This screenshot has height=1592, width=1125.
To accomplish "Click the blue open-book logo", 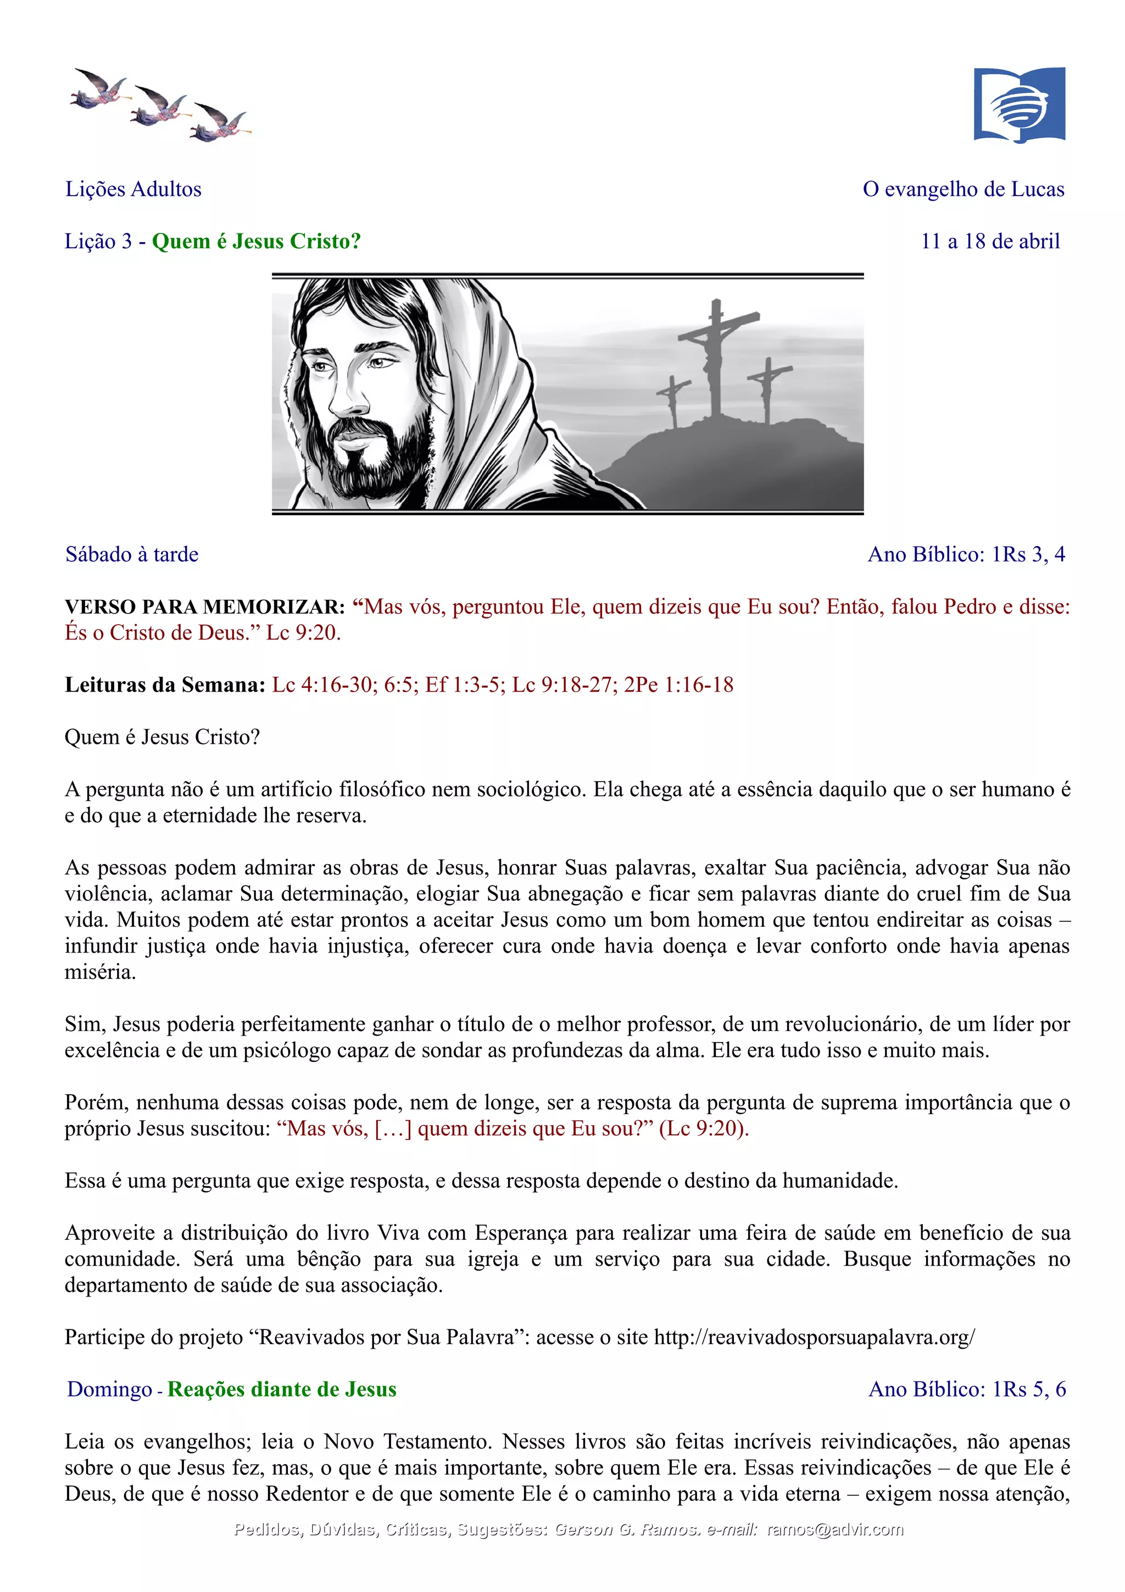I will click(x=1019, y=105).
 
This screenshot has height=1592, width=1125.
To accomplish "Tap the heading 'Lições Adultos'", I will click(x=133, y=190).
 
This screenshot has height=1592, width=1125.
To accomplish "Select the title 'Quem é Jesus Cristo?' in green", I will click(x=257, y=241).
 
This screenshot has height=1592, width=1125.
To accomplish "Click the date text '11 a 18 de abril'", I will click(x=990, y=241).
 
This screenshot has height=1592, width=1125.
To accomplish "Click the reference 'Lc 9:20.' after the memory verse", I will click(x=303, y=633).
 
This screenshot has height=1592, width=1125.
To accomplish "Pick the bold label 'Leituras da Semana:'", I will click(x=165, y=685).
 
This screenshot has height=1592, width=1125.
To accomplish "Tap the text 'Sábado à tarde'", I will click(x=132, y=555).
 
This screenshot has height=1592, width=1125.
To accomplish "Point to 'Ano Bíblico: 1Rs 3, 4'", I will click(x=966, y=555).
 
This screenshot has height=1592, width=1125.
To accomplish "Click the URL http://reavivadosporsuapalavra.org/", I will click(x=815, y=1338).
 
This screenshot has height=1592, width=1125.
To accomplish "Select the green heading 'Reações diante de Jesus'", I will click(x=282, y=1389).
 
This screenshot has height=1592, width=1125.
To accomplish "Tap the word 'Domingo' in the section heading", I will click(x=109, y=1389).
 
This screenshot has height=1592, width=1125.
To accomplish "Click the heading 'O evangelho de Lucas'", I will click(x=963, y=190).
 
